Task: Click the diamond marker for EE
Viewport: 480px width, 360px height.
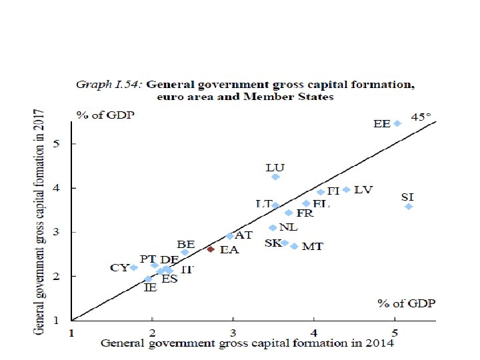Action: (397, 123)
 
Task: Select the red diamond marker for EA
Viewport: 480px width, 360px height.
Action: (211, 249)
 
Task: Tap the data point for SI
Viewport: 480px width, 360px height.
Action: (409, 207)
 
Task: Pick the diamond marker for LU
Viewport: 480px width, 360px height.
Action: (275, 177)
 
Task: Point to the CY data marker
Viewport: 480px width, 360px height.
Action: (133, 267)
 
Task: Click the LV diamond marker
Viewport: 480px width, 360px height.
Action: (346, 190)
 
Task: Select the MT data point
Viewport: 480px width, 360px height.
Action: (294, 246)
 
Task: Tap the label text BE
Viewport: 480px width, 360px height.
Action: (186, 245)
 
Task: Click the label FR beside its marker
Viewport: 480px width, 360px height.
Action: (305, 213)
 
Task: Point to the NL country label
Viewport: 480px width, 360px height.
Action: (288, 227)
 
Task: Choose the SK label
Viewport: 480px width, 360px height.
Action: (273, 243)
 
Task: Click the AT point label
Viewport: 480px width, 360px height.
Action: (244, 235)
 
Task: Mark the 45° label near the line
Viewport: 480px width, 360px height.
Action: (421, 117)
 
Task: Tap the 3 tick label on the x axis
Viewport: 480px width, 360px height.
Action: (233, 332)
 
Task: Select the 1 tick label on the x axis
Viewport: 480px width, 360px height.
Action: (72, 332)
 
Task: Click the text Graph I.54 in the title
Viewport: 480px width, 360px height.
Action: (109, 85)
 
